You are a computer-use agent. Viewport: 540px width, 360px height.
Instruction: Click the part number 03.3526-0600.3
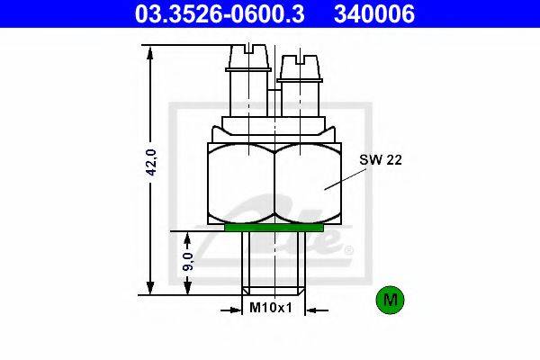[x=220, y=13]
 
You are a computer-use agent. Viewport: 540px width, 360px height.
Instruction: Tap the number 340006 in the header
[x=374, y=13]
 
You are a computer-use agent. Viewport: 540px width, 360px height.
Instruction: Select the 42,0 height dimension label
[x=151, y=162]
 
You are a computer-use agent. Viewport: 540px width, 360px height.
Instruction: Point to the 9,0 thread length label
[x=188, y=261]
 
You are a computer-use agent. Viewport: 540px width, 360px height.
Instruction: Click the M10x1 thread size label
[x=271, y=307]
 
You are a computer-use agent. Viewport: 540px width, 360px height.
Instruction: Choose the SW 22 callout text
[x=381, y=160]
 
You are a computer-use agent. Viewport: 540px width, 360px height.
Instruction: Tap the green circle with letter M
[x=391, y=300]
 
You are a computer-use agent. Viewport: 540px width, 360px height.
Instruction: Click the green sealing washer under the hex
[x=274, y=228]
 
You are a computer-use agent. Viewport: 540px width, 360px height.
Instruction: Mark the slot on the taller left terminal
[x=248, y=49]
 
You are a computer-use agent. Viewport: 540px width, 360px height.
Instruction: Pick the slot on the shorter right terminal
[x=301, y=59]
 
